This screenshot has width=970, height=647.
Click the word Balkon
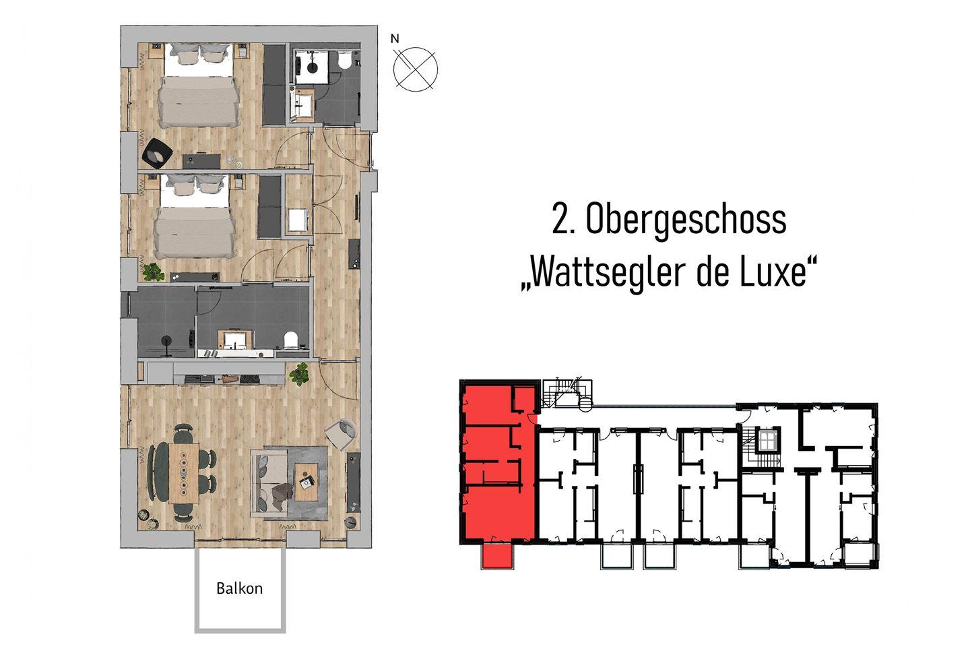pyautogui.click(x=240, y=588)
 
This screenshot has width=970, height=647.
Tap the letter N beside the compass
pyautogui.click(x=395, y=39)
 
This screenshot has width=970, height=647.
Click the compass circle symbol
pyautogui.click(x=415, y=69)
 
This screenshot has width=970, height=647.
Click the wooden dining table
pyautogui.click(x=184, y=473)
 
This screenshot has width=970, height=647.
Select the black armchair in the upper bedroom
pyautogui.click(x=157, y=152)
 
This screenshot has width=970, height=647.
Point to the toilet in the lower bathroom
pyautogui.click(x=290, y=340)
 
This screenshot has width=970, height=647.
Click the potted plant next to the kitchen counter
pyautogui.click(x=299, y=373)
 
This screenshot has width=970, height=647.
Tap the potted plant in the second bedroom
pyautogui.click(x=152, y=272)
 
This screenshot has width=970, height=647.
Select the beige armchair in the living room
pyautogui.click(x=341, y=434)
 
